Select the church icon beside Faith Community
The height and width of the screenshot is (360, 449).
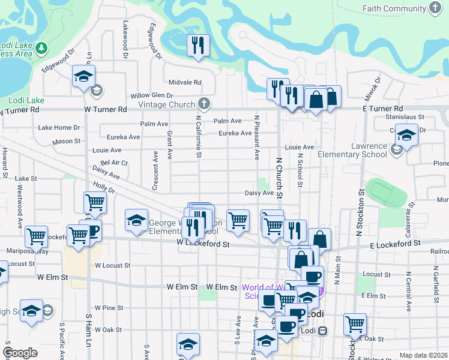tap(435, 8)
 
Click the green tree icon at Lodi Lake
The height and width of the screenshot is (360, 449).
tap(41, 47)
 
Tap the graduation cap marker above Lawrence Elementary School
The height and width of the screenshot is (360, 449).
tap(406, 136)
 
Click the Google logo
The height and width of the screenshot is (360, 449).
tap(20, 353)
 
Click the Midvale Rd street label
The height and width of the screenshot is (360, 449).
tap(184, 83)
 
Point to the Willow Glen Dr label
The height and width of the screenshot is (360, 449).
tap(152, 95)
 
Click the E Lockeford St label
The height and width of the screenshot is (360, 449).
tap(395, 245)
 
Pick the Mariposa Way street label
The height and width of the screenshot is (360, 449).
tap(27, 251)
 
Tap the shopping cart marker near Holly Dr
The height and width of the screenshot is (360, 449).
tap(95, 203)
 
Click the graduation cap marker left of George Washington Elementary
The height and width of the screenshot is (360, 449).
tap(136, 220)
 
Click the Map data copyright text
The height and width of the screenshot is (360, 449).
tap(423, 355)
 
